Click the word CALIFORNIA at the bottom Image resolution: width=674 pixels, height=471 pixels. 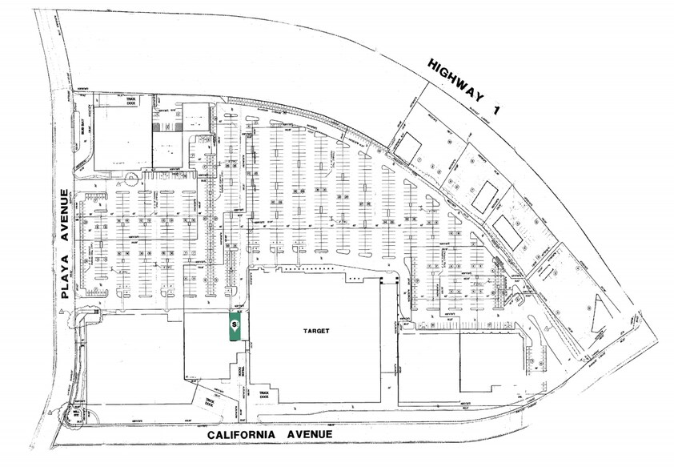(245, 433)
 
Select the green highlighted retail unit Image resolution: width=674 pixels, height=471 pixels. (235, 327)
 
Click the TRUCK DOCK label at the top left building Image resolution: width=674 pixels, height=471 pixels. (127, 99)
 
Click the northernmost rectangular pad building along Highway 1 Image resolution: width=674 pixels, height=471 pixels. (409, 146)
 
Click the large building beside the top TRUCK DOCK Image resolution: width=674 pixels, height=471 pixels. (122, 137)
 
